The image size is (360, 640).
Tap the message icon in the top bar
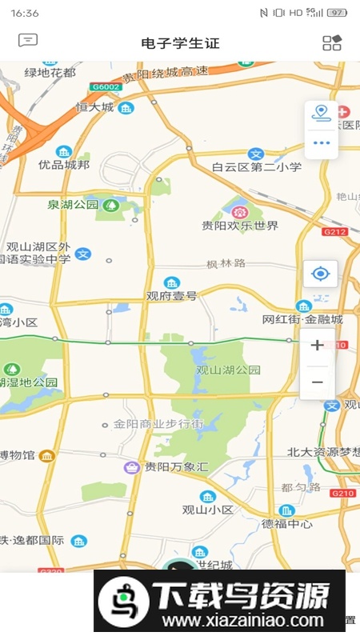coord(28,40)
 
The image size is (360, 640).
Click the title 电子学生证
coord(180,43)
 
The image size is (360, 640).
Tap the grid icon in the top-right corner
coord(332,42)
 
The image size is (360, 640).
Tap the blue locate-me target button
coord(321,274)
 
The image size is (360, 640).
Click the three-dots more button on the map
coord(322,143)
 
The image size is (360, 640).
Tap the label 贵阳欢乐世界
coord(240,226)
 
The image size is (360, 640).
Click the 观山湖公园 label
coord(229,370)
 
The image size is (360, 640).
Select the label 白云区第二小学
coord(257,167)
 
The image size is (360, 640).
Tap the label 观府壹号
coord(171,295)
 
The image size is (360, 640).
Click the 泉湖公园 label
coord(73,205)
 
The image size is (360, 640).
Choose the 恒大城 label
coord(94,107)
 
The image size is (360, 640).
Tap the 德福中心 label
coord(287,524)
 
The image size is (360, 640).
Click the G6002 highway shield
coord(105,86)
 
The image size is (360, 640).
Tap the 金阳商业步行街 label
coord(158,423)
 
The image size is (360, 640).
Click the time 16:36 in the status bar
coord(26,13)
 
